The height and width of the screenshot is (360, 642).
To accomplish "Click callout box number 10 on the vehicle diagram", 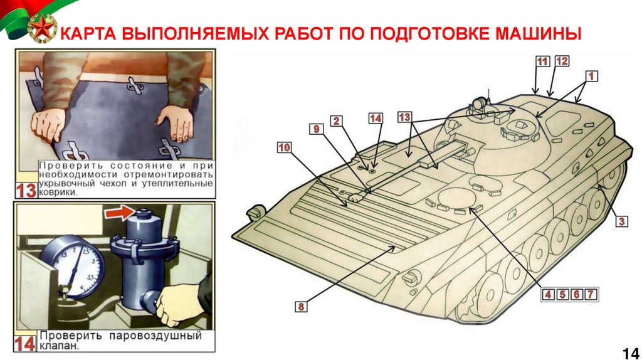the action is (x=285, y=147).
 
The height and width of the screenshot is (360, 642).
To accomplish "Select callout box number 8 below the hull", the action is (x=301, y=306).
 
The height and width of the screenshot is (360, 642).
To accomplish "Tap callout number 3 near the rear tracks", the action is (x=621, y=221).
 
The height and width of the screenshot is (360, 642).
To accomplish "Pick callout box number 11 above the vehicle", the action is (x=542, y=61).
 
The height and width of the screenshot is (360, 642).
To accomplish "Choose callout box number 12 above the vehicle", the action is (x=562, y=61).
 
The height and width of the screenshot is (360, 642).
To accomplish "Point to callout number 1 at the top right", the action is (x=591, y=76).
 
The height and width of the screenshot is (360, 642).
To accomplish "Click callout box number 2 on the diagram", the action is (x=336, y=121).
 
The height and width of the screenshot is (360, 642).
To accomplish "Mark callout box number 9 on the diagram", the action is (x=316, y=129).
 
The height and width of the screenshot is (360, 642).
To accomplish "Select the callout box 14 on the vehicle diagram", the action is (x=376, y=119).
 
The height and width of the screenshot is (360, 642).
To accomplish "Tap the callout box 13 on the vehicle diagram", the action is (x=404, y=117).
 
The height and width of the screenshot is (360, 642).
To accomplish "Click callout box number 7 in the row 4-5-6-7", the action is (x=591, y=294).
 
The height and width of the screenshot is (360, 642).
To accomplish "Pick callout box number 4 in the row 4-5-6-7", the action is (x=548, y=294).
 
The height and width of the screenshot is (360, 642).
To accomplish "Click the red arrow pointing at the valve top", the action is (x=120, y=213).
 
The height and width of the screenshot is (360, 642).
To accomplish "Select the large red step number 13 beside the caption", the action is (x=26, y=191).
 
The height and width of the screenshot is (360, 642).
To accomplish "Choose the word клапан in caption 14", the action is (x=58, y=346).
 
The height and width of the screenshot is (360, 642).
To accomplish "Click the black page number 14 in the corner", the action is (x=631, y=352).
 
